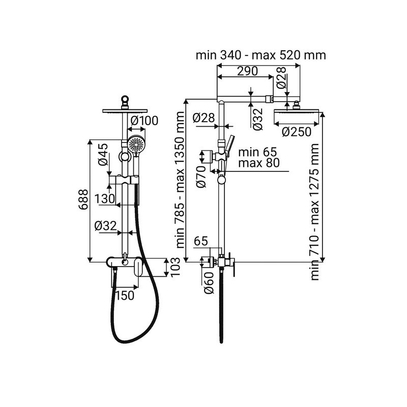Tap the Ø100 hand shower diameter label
point(144,121)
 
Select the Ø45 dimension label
point(103,155)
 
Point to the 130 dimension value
point(104,199)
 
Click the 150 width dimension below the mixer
point(125,296)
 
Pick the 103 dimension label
point(175,267)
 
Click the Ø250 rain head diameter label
point(297,132)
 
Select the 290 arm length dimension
point(248,71)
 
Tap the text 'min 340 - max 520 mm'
point(260,55)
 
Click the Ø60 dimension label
point(209,283)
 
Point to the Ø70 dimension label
point(201,177)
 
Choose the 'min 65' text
point(258,152)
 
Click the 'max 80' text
point(259,163)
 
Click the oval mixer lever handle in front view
point(139,269)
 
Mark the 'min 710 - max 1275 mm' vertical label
point(314,212)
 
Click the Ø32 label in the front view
point(106,226)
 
